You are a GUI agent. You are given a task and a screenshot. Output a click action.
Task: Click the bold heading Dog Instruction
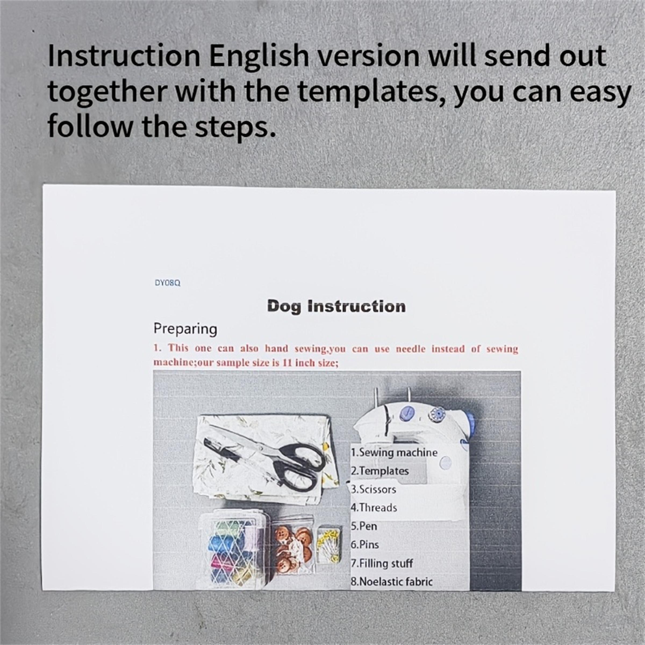click(x=336, y=306)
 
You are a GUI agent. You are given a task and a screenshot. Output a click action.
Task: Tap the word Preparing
click(x=185, y=329)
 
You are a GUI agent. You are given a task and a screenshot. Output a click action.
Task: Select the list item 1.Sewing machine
click(x=394, y=453)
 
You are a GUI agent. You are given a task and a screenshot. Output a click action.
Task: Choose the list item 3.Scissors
click(x=374, y=489)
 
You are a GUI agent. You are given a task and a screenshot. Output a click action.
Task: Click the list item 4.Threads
click(x=374, y=508)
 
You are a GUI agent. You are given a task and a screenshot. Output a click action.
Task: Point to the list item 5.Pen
click(x=364, y=526)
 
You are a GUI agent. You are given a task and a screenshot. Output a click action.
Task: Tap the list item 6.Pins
click(x=365, y=544)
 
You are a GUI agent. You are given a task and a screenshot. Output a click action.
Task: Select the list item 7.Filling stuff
click(x=382, y=563)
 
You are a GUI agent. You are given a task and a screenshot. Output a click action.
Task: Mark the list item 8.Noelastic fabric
click(x=392, y=582)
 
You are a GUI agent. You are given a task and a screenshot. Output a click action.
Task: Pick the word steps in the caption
click(x=235, y=128)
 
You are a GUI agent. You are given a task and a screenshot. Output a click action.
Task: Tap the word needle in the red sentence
click(x=411, y=349)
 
